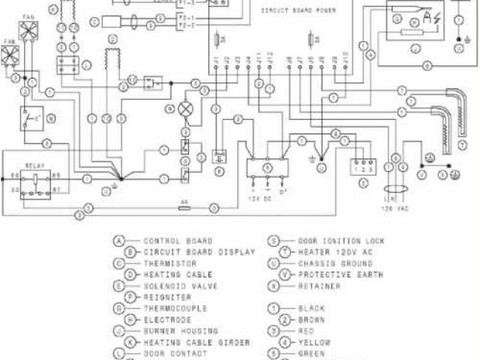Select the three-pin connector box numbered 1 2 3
click(363, 163)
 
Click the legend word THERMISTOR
click(165, 263)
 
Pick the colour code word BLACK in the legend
click(311, 308)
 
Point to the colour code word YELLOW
click(313, 342)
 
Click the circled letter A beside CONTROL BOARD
click(118, 241)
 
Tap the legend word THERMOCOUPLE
click(169, 308)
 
